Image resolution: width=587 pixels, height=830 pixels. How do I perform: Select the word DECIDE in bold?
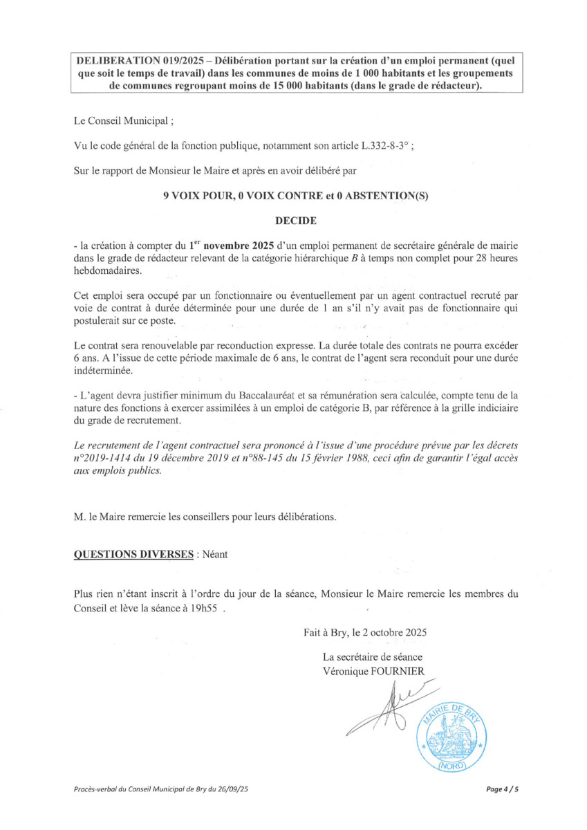[x=296, y=221]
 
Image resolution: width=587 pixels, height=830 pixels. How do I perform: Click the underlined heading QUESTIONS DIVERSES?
[x=133, y=555]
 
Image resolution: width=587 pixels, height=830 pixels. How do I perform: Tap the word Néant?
[x=213, y=555]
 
